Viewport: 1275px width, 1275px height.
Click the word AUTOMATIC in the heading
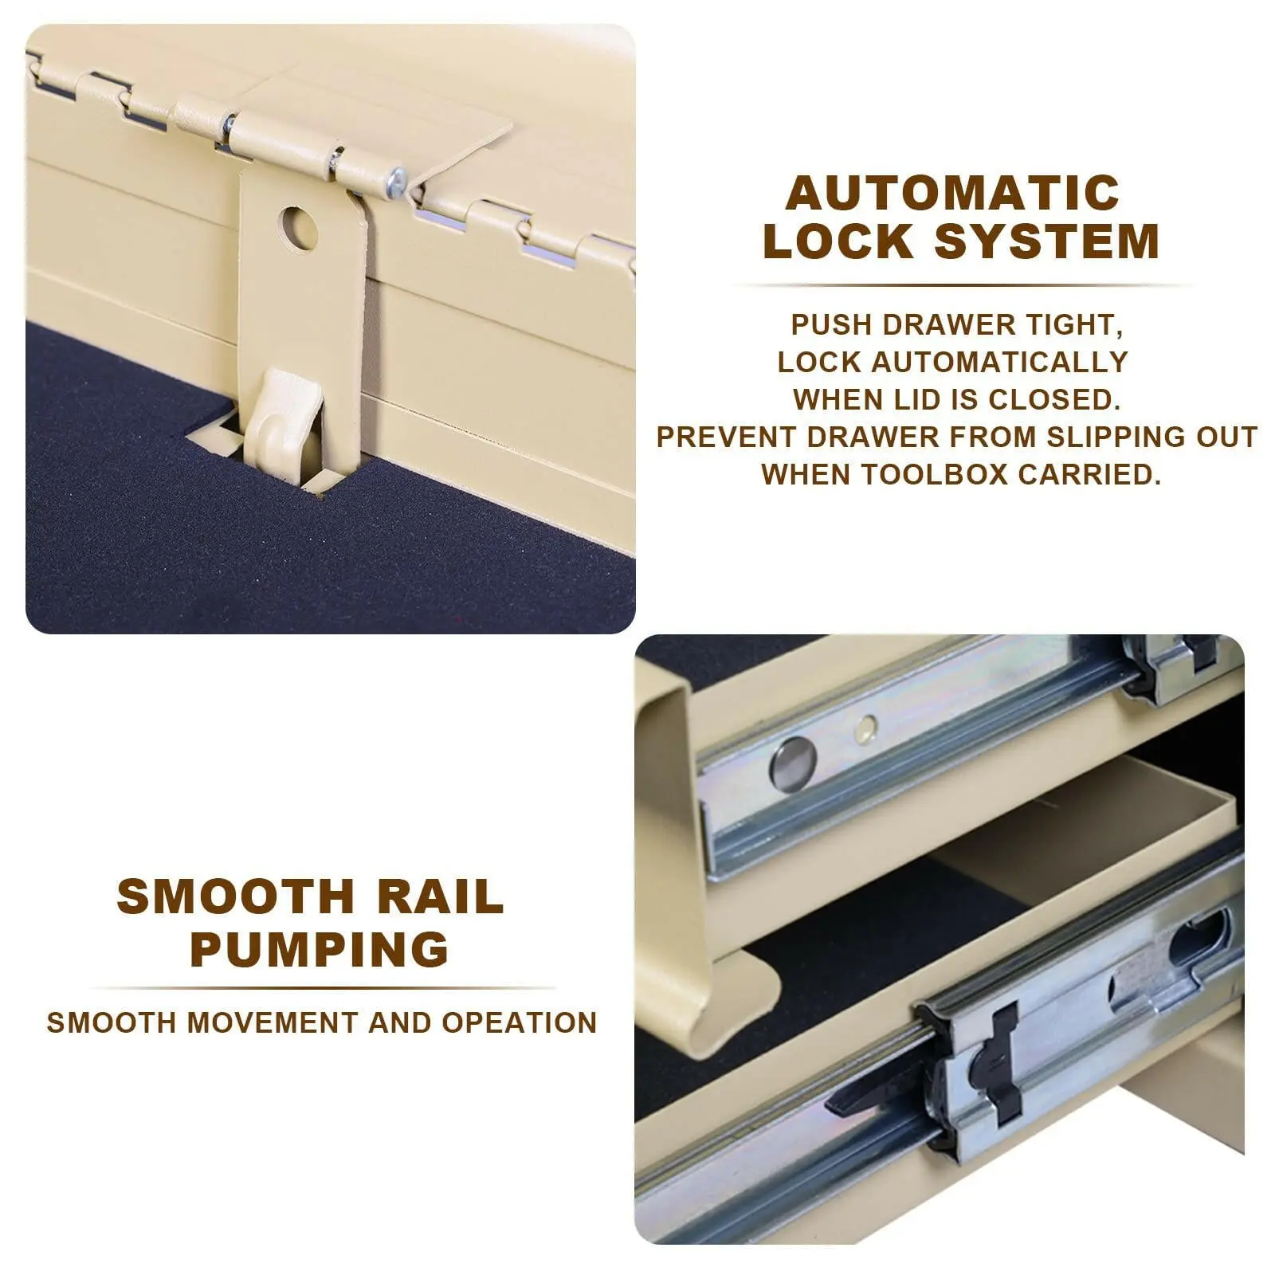pyautogui.click(x=953, y=193)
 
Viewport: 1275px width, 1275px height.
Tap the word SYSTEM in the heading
pyautogui.click(x=1047, y=241)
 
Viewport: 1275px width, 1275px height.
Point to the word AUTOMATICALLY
pyautogui.click(x=999, y=362)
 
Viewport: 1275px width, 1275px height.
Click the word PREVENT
pyautogui.click(x=726, y=437)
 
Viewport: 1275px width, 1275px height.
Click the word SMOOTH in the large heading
pyautogui.click(x=235, y=896)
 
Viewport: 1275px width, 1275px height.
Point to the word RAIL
pyautogui.click(x=441, y=896)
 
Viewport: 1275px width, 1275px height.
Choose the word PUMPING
pyautogui.click(x=320, y=949)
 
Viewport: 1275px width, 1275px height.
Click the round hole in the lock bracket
pyautogui.click(x=298, y=228)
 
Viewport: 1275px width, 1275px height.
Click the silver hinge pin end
pyautogui.click(x=396, y=183)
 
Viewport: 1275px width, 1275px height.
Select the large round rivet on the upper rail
pyautogui.click(x=793, y=763)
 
